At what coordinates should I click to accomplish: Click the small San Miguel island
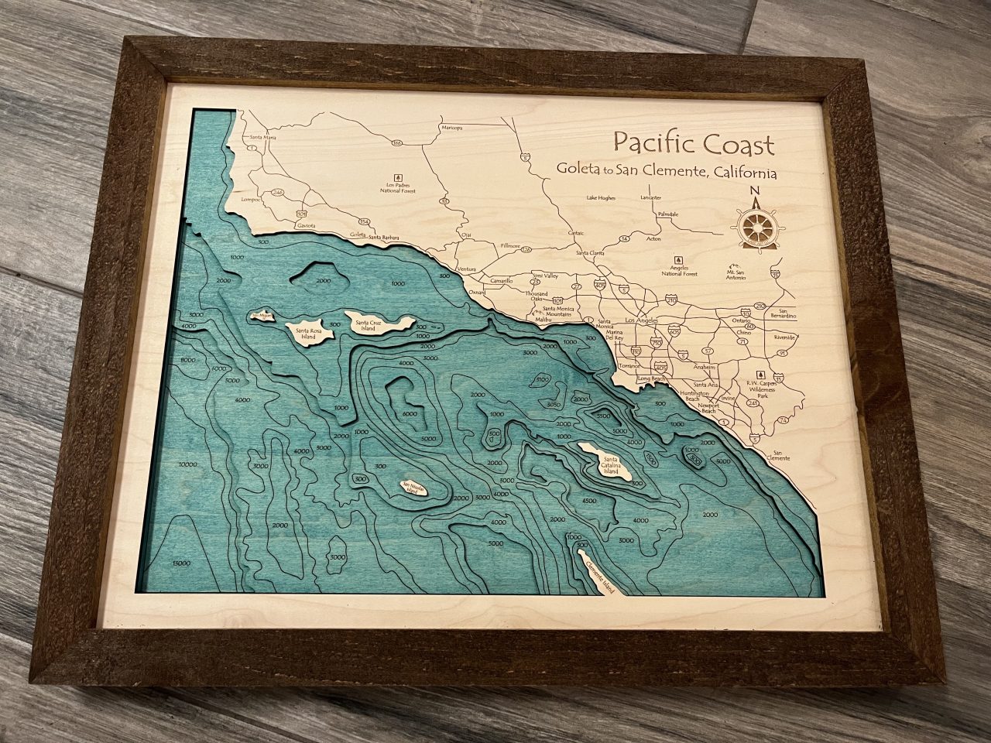coord(258,316)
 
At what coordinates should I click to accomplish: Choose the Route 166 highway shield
coord(396,143)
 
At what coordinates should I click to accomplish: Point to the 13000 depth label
coord(182,563)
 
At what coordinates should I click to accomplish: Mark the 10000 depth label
coord(187,465)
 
